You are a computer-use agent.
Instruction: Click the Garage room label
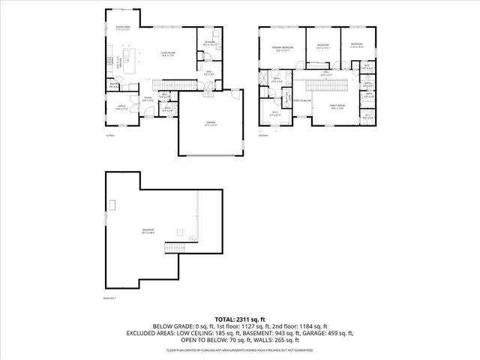pyautogui.click(x=211, y=124)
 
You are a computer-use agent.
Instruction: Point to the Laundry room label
pyautogui.click(x=209, y=43)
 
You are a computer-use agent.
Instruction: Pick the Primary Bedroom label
pyautogui.click(x=282, y=49)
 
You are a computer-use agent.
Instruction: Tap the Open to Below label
pyautogui.click(x=302, y=100)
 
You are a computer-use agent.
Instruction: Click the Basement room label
pyautogui.click(x=148, y=230)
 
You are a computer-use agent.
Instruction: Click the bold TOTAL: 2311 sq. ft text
pyautogui.click(x=240, y=319)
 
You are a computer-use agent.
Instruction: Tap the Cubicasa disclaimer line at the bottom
pyautogui.click(x=240, y=349)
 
